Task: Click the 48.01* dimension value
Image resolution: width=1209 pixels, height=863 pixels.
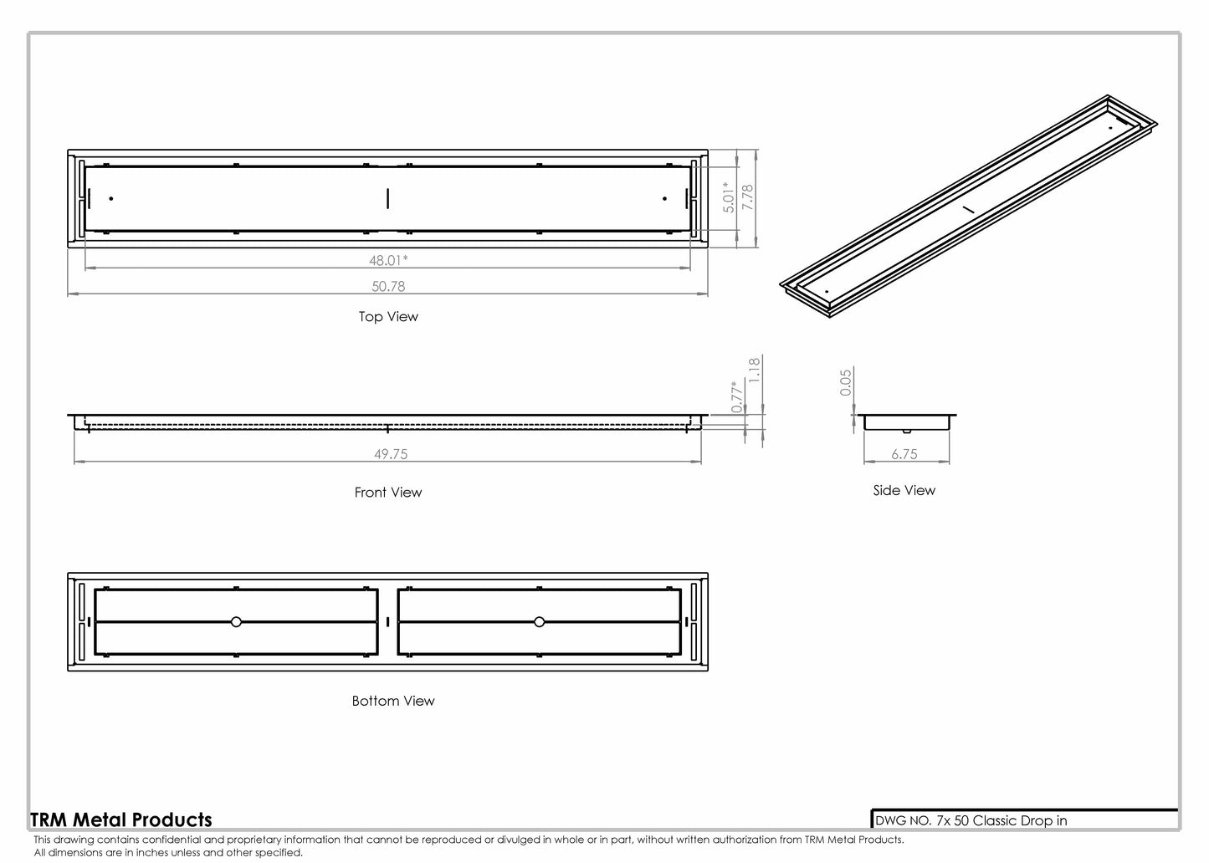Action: tap(388, 260)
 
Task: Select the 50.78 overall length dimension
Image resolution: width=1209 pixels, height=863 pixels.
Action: tap(388, 286)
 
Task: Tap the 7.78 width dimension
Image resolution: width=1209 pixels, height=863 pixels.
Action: tap(748, 199)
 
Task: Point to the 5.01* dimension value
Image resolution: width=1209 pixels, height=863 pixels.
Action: tap(729, 197)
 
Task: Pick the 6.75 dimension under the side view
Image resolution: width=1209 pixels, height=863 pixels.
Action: tap(904, 454)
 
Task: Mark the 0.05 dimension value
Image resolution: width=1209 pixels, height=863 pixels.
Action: tap(846, 382)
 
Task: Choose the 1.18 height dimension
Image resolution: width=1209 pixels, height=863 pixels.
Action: tap(754, 370)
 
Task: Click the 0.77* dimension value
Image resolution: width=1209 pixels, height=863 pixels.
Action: tap(737, 396)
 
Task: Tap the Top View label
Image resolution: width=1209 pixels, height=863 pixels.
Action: tap(388, 316)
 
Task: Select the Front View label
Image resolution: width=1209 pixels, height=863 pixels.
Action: tap(388, 493)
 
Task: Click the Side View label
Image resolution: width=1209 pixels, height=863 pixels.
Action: tap(904, 491)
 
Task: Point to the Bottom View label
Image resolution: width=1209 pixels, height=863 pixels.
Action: tap(393, 701)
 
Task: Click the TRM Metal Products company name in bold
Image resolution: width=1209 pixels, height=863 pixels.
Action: tap(121, 820)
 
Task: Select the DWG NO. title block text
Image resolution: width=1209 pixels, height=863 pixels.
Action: tap(971, 820)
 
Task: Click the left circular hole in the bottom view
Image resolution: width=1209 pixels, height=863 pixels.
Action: tap(236, 621)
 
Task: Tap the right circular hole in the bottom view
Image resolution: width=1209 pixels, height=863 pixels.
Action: tap(540, 621)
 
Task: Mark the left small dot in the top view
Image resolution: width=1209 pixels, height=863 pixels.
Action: tap(111, 198)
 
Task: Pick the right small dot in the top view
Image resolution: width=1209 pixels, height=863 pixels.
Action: tap(664, 198)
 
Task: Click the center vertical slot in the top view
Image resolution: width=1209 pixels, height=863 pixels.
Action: tap(387, 198)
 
